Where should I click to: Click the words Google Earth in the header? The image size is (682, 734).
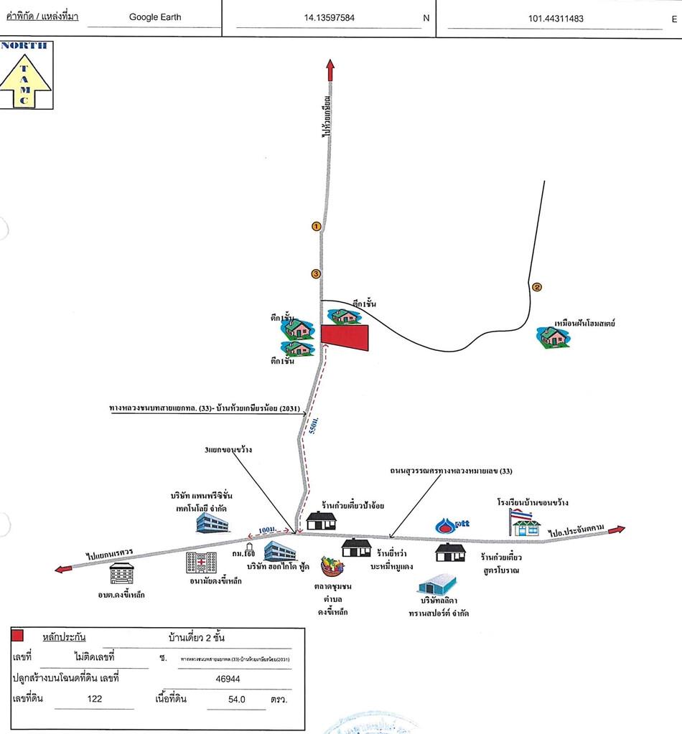(x=155, y=17)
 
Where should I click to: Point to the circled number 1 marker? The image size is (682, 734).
(x=316, y=227)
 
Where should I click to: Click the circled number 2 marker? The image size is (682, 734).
(x=536, y=288)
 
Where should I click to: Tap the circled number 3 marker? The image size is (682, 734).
(x=316, y=273)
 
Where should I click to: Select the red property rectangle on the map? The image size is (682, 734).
(x=345, y=337)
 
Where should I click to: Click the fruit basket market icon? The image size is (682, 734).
(x=332, y=565)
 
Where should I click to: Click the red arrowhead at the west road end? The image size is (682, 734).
(x=62, y=569)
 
